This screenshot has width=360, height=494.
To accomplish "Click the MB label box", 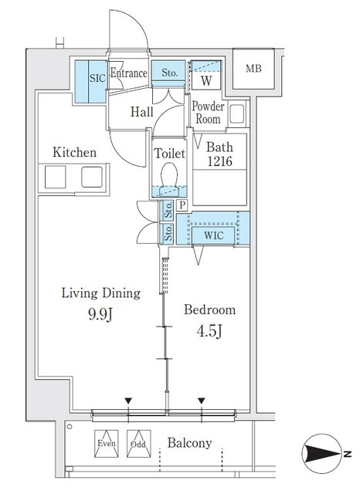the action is click(x=253, y=69).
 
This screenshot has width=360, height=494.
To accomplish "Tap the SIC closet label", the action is click(x=97, y=77).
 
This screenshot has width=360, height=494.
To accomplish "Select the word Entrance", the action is click(x=128, y=73).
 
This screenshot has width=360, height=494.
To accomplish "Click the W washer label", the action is click(x=206, y=80).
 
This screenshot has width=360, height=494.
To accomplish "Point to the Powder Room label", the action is click(x=208, y=113).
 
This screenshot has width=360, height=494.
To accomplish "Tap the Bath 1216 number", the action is click(x=219, y=161).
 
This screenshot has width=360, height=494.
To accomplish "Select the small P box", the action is click(x=182, y=205).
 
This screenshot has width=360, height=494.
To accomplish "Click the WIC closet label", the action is click(x=213, y=235).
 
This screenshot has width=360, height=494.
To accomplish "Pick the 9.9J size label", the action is click(x=100, y=314).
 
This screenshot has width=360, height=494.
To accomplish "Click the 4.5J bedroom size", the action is click(x=209, y=331).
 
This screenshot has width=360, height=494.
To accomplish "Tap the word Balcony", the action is click(x=189, y=443).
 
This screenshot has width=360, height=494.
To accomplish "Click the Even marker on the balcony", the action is click(x=107, y=444).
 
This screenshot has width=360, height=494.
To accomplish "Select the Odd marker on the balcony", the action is click(x=138, y=444).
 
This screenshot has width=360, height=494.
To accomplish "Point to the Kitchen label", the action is click(x=74, y=153).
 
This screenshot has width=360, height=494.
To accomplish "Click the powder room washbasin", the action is click(x=236, y=113).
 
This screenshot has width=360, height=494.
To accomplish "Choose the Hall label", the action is click(x=142, y=112).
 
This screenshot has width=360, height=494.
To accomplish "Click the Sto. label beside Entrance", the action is click(x=169, y=73).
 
